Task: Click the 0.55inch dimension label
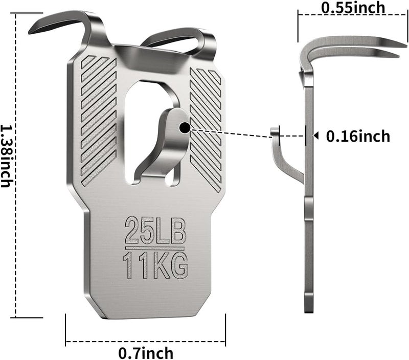(353, 8)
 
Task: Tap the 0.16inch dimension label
(358, 136)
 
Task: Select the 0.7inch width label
(146, 353)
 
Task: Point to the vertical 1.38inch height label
(6, 156)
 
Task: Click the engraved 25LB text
(155, 230)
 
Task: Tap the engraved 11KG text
(156, 265)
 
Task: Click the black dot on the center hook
(185, 127)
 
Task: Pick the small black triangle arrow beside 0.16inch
(316, 136)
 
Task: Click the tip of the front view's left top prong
(29, 33)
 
